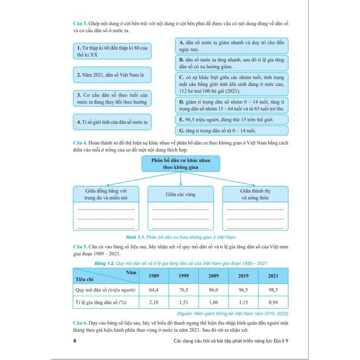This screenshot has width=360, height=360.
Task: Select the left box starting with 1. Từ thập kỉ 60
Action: (112, 51)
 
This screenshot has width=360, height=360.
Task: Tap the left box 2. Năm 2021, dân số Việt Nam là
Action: (112, 74)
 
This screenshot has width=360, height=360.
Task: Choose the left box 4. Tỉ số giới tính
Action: (112, 122)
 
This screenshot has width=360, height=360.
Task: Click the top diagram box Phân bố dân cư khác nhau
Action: (180, 164)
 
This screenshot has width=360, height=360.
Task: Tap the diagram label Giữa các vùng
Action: (180, 194)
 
